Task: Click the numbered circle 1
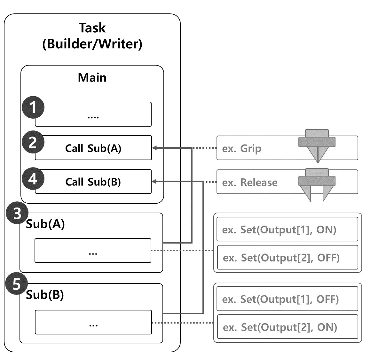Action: pyautogui.click(x=33, y=108)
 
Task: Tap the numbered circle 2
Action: pyautogui.click(x=33, y=142)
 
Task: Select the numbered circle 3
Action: pyautogui.click(x=17, y=213)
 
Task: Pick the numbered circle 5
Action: pyautogui.click(x=16, y=284)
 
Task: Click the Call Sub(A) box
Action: pyautogui.click(x=93, y=148)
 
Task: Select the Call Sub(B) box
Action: pyautogui.click(x=93, y=182)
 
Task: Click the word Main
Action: pyautogui.click(x=92, y=78)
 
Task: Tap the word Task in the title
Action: pyautogui.click(x=92, y=28)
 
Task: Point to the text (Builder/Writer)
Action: pyautogui.click(x=92, y=44)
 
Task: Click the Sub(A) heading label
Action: pyautogui.click(x=45, y=224)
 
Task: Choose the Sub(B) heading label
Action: pyautogui.click(x=45, y=294)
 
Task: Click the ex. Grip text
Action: pyautogui.click(x=241, y=149)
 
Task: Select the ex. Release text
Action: pyautogui.click(x=249, y=183)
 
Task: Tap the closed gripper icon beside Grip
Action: pyautogui.click(x=317, y=145)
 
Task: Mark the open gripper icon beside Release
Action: pyautogui.click(x=317, y=184)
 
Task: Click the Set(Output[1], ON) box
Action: pyautogui.click(x=287, y=229)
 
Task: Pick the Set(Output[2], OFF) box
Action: pyautogui.click(x=287, y=257)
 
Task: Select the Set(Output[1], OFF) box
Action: pyautogui.click(x=287, y=299)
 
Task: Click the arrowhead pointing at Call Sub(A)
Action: pyautogui.click(x=154, y=148)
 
